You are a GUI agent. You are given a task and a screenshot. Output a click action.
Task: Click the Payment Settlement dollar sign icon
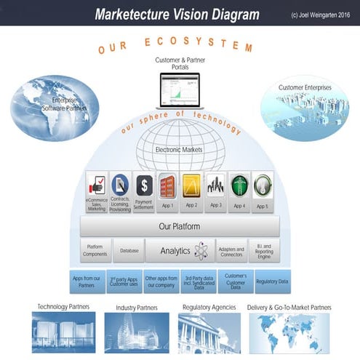[144, 185]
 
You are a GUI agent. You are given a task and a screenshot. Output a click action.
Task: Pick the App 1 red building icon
[167, 187]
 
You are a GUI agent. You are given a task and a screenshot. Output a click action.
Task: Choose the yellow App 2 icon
[191, 187]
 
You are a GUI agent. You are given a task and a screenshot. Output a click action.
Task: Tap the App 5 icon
[262, 187]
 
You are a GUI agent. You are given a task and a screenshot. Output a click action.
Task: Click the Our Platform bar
[180, 226]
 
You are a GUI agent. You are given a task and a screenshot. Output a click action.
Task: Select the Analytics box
[179, 251]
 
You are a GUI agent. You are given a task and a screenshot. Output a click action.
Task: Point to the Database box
[129, 251]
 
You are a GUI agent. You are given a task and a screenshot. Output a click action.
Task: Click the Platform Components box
[96, 251]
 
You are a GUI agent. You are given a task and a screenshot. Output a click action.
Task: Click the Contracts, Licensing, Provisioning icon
[120, 185]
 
